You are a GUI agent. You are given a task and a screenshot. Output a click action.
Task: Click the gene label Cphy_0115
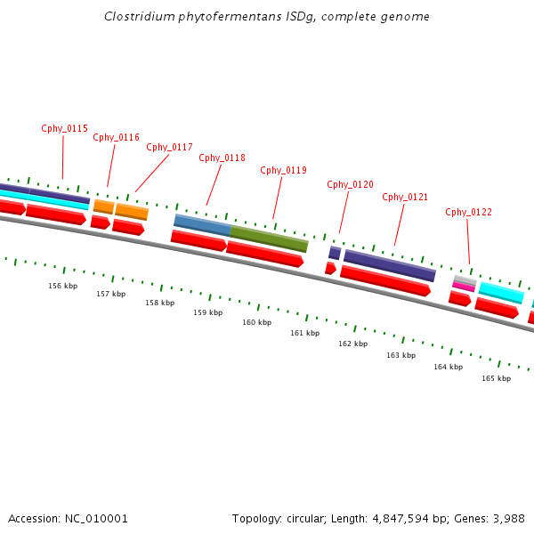pos(64,128)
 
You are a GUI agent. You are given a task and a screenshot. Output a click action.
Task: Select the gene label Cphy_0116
pos(116,137)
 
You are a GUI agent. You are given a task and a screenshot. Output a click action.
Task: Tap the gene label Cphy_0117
pos(169,147)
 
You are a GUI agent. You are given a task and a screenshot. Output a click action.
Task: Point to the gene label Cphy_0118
pos(222,158)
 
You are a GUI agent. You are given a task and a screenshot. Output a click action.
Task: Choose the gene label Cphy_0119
pos(283,170)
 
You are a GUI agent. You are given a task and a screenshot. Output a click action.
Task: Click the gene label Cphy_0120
pos(350,184)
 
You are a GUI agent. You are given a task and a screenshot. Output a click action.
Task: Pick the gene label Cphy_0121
pos(405,197)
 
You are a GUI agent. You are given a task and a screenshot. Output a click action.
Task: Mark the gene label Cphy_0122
pos(468,212)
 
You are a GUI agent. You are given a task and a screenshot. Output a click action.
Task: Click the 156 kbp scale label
pos(62,286)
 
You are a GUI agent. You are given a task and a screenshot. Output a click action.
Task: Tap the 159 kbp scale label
pos(207,312)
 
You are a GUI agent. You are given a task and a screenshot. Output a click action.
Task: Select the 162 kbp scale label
pos(352,344)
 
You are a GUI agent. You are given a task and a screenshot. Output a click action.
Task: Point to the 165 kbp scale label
pos(496,378)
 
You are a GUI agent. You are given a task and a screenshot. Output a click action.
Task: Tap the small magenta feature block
pos(464,287)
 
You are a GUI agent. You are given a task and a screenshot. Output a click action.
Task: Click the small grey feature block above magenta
pos(465,279)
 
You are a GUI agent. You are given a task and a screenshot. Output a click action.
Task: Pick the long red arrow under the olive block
pos(264,253)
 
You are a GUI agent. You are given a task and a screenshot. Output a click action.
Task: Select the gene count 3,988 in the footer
pos(506,518)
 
